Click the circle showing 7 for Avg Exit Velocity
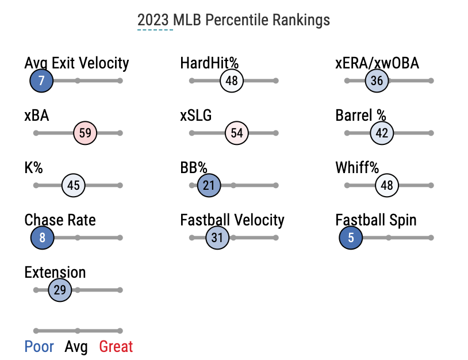(41, 81)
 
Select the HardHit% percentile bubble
(232, 81)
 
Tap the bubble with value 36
(377, 81)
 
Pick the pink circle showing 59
(85, 133)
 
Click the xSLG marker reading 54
(237, 133)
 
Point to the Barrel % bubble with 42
(382, 133)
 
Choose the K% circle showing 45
(74, 185)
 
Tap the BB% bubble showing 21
(209, 185)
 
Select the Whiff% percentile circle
(387, 185)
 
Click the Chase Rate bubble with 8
(43, 238)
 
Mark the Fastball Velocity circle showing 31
(217, 238)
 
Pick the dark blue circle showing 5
(351, 238)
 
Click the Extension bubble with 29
(60, 290)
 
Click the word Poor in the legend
(39, 347)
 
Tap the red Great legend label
(116, 347)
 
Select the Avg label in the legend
(76, 347)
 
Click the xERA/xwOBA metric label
(377, 63)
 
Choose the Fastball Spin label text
(376, 221)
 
